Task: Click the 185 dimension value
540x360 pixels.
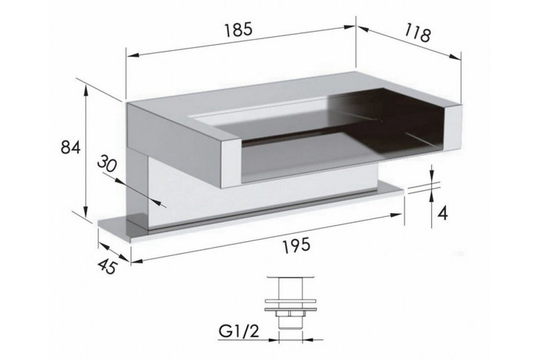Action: pos(238,29)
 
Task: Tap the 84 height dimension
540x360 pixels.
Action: pos(70,148)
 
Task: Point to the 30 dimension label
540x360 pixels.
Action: pos(107,163)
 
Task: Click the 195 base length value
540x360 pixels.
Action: pos(296,245)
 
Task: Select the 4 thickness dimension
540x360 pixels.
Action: pos(442,213)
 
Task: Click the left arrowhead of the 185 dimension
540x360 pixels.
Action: pos(133,55)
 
